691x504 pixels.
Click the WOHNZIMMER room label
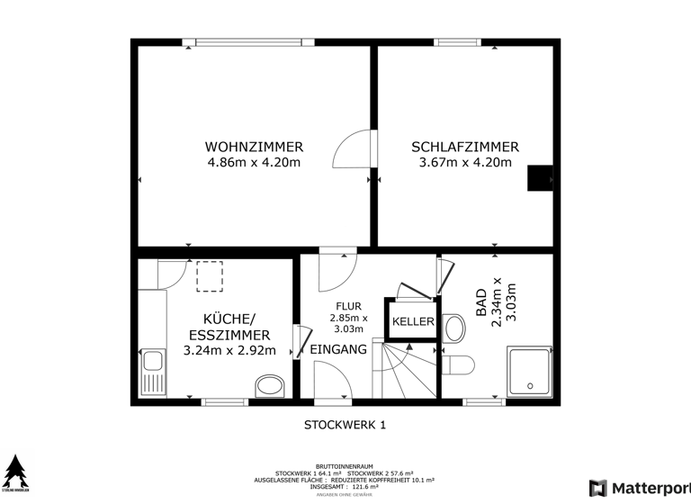pos(254,147)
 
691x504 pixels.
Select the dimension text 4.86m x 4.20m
pos(254,163)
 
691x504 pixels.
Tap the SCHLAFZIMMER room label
pos(465,147)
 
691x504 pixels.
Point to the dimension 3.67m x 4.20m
pos(465,163)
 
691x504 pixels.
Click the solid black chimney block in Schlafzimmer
pos(540,178)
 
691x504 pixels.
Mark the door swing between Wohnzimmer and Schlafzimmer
pos(353,151)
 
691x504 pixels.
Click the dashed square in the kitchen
pos(210,275)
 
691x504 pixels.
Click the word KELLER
pos(413,322)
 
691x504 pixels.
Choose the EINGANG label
pos(338,349)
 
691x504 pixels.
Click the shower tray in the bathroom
pos(531,371)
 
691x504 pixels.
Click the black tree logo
pos(14,472)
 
